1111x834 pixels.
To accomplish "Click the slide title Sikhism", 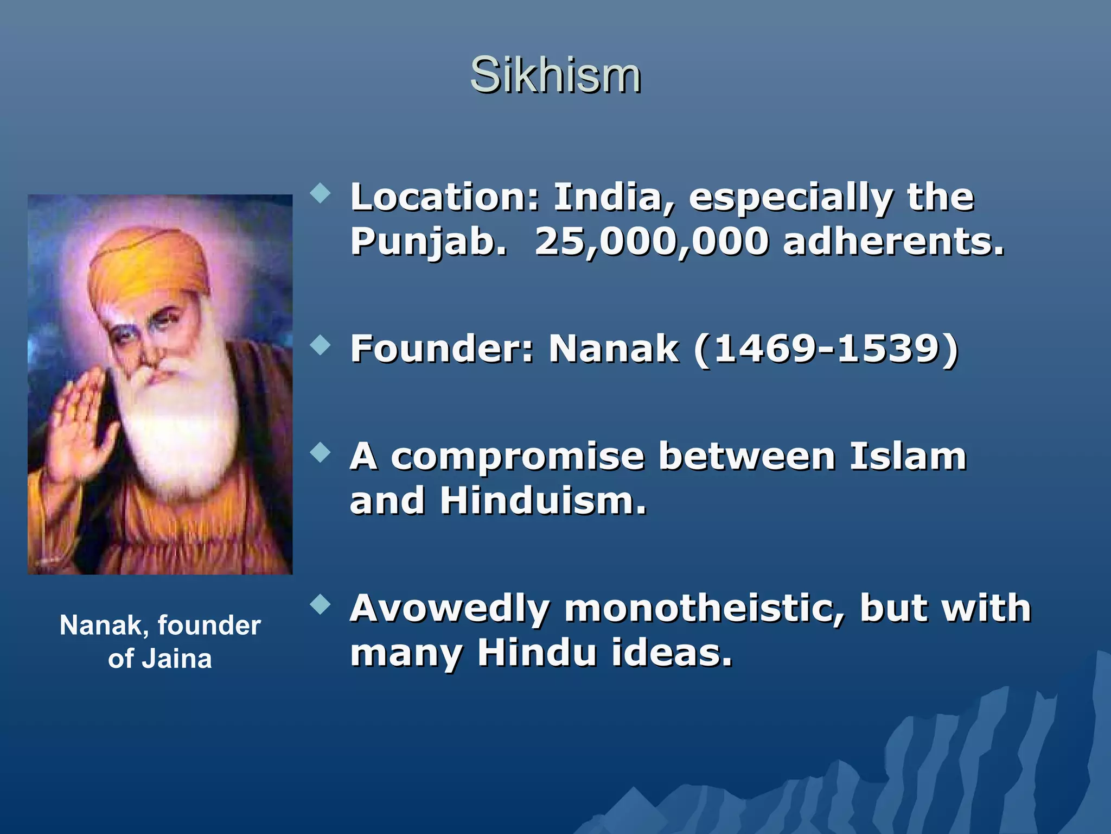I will click(555, 75).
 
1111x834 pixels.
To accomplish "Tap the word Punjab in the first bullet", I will click(429, 241).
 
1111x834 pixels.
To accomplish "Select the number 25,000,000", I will click(652, 241).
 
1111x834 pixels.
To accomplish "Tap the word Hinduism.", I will click(543, 501).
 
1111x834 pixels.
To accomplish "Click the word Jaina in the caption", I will click(176, 659).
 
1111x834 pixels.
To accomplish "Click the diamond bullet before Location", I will click(321, 193).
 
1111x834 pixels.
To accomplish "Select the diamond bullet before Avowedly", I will click(321, 604).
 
